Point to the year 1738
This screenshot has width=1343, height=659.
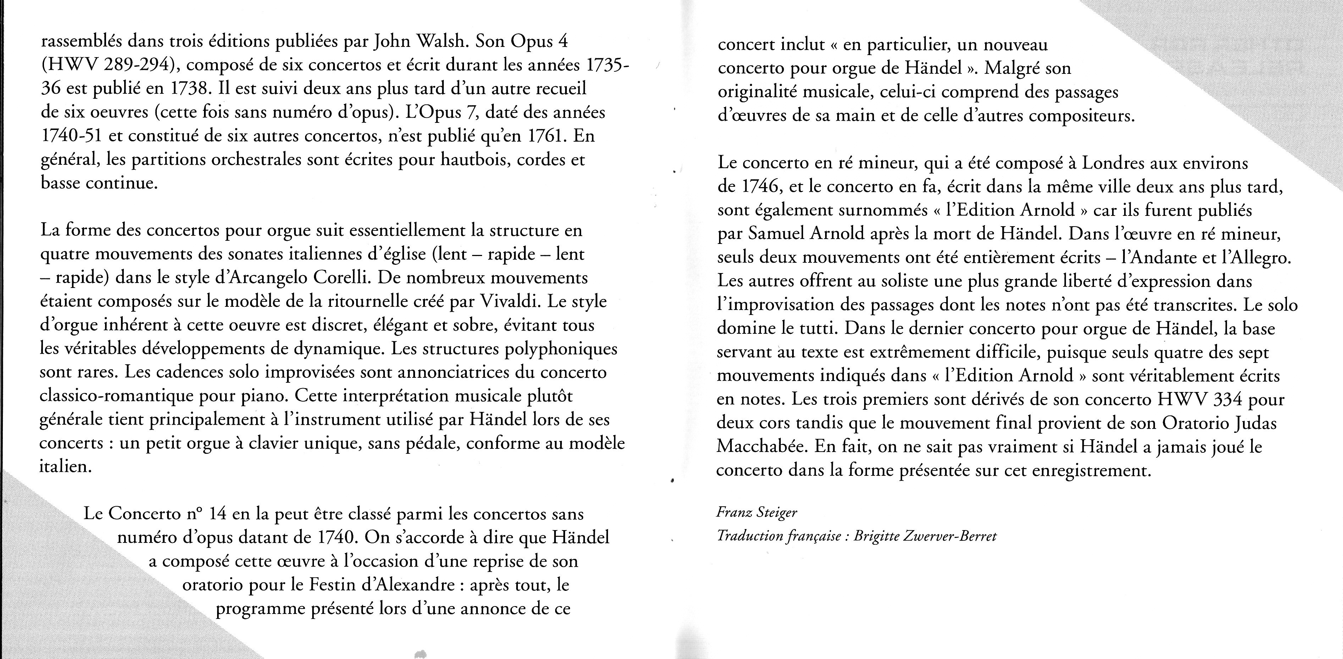click(190, 89)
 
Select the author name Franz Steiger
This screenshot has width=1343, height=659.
click(757, 513)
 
